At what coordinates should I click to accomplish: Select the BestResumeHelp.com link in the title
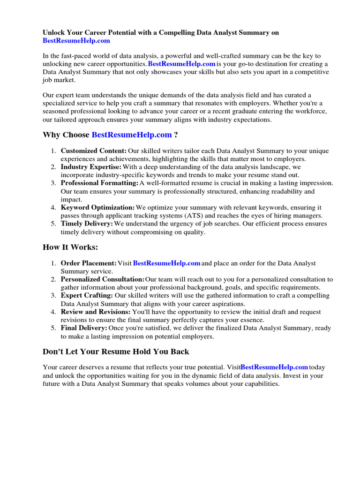(x=76, y=41)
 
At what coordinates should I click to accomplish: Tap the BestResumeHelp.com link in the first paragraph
(x=182, y=64)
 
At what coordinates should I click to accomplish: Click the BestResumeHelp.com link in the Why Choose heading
(x=132, y=135)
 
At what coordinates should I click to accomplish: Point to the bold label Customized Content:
(x=94, y=151)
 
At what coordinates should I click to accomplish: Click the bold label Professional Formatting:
(x=99, y=183)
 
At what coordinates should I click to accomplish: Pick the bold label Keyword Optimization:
(x=97, y=208)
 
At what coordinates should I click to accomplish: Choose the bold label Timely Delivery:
(x=87, y=224)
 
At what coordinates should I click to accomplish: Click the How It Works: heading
(x=70, y=247)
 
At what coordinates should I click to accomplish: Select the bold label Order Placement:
(x=89, y=263)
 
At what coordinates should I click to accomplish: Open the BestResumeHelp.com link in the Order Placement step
(x=167, y=263)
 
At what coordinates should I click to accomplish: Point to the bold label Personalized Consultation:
(x=103, y=279)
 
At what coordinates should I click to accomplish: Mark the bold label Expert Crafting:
(x=87, y=296)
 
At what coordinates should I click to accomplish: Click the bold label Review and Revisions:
(x=96, y=312)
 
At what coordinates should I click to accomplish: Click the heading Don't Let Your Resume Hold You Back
(x=116, y=351)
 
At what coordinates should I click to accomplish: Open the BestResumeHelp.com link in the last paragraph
(x=274, y=367)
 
